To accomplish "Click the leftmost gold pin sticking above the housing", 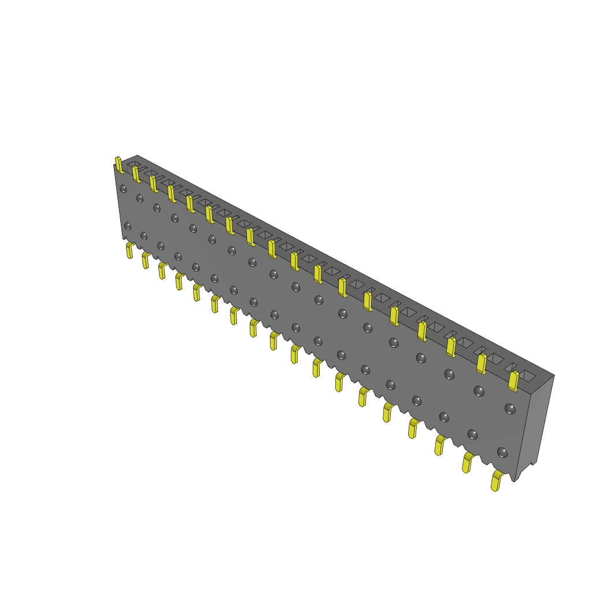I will pyautogui.click(x=119, y=164).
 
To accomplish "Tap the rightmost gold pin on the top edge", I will pyautogui.click(x=513, y=380).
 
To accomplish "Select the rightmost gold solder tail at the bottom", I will pyautogui.click(x=496, y=480).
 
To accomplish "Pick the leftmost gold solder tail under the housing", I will pyautogui.click(x=129, y=250).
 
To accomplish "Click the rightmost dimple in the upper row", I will pyautogui.click(x=509, y=409).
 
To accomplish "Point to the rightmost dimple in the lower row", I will pyautogui.click(x=502, y=452).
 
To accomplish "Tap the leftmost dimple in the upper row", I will pyautogui.click(x=123, y=188).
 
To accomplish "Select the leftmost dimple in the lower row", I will pyautogui.click(x=128, y=225).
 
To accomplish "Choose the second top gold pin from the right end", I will pyautogui.click(x=481, y=363).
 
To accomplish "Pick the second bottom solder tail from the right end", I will pyautogui.click(x=467, y=462).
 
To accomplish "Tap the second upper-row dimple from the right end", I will pyautogui.click(x=478, y=391).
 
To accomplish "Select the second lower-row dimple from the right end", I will pyautogui.click(x=472, y=434).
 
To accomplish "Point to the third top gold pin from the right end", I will pyautogui.click(x=451, y=346).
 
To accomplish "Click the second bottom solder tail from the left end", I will pyautogui.click(x=146, y=260).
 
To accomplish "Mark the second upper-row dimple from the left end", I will pyautogui.click(x=139, y=198).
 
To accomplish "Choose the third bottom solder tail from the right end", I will pyautogui.click(x=440, y=445).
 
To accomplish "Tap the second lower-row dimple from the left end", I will pyautogui.click(x=144, y=235).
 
